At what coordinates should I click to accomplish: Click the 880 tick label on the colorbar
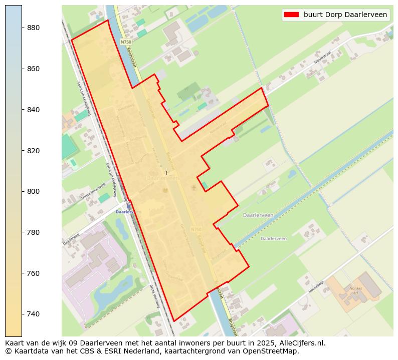(34, 28)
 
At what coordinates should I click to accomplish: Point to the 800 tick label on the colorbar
(34, 191)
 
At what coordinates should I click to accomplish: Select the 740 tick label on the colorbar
(34, 314)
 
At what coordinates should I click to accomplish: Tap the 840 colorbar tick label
(34, 110)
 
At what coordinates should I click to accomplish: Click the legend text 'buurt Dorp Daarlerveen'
(345, 15)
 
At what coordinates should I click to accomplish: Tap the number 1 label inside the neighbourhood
(166, 173)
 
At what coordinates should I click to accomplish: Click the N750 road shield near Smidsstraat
(126, 43)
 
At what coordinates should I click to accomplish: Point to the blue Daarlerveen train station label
(127, 212)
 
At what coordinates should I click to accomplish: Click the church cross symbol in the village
(194, 188)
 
